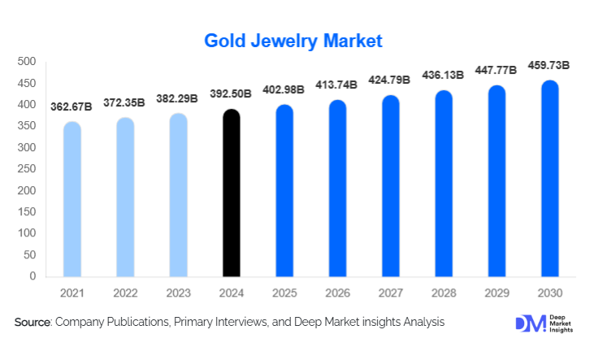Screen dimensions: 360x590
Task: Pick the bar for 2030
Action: (549, 179)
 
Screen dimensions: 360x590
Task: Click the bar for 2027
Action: (391, 186)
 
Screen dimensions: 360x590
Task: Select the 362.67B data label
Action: (72, 106)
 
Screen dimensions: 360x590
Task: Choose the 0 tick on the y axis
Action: (33, 276)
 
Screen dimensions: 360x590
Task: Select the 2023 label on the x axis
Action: (179, 292)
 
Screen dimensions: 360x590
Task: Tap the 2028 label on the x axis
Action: (444, 292)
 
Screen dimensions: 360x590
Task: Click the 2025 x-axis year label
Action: (284, 292)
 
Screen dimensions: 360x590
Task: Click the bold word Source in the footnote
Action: (33, 323)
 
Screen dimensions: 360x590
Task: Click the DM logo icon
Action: (529, 323)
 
